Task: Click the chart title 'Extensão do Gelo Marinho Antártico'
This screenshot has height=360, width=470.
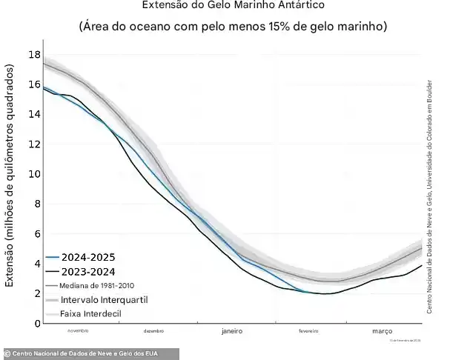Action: pyautogui.click(x=233, y=6)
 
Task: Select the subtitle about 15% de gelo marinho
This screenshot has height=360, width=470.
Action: pyautogui.click(x=233, y=27)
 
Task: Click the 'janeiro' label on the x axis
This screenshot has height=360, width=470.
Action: pyautogui.click(x=233, y=333)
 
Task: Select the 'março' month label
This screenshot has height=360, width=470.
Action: pyautogui.click(x=383, y=333)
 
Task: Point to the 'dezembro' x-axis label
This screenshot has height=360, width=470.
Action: pyautogui.click(x=154, y=331)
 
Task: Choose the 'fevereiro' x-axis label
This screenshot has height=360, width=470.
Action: pyautogui.click(x=309, y=331)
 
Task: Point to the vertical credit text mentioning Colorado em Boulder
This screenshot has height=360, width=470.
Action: pyautogui.click(x=429, y=196)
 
